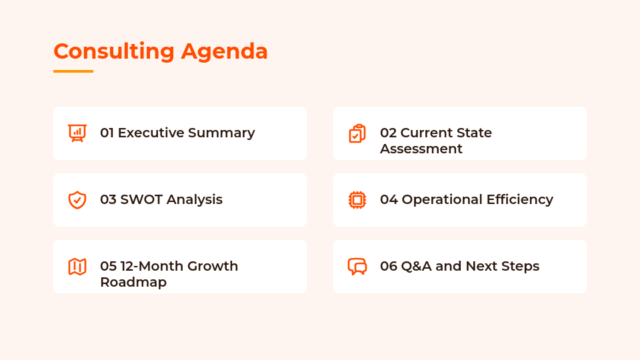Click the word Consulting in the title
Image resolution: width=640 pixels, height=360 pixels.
coord(114,51)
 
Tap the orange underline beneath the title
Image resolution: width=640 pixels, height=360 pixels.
coord(73,71)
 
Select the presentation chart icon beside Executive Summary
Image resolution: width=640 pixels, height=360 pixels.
coord(77,133)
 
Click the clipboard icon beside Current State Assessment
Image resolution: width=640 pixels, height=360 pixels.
coord(357,133)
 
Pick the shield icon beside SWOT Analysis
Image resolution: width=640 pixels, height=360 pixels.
coord(77,200)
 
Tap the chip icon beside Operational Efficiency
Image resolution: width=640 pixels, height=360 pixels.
coord(357,200)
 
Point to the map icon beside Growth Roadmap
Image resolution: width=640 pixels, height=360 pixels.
coord(77,267)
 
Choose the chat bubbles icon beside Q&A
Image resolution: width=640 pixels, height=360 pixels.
coord(357,267)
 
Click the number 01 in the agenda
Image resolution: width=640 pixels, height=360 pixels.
coord(107,133)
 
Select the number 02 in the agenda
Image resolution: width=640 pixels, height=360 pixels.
coord(388,133)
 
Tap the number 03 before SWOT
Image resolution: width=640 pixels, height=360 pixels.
coord(108,199)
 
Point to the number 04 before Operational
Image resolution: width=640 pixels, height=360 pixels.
coord(389,199)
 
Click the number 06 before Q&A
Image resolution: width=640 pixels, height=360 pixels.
coord(389,266)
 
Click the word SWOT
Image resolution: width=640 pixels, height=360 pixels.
coord(141,199)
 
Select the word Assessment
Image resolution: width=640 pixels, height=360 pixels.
coord(421,149)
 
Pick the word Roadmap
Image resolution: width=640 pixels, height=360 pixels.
coord(133,282)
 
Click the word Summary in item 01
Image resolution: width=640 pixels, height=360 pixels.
coord(221,133)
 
